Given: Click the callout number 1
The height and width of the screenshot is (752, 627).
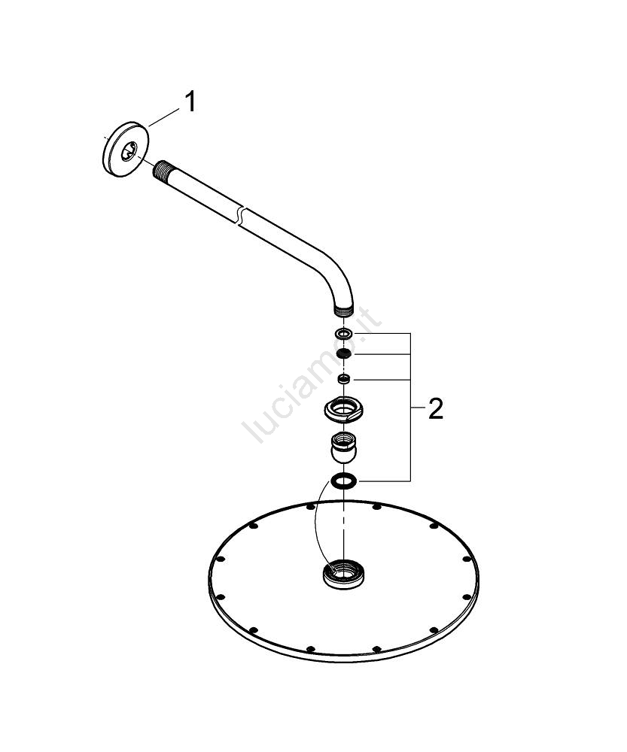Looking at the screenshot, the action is tap(190, 102).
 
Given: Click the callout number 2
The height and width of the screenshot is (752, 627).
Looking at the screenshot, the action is tap(436, 409).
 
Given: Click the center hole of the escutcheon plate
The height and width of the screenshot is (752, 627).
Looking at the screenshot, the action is tap(129, 151).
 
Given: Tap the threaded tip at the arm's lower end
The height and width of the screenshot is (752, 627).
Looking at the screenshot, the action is tap(343, 311).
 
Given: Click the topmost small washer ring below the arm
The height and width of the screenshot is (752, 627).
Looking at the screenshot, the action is tap(342, 333).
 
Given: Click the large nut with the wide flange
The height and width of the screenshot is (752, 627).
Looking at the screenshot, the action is tap(343, 410).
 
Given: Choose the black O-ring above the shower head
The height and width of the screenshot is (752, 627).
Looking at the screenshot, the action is tap(343, 481).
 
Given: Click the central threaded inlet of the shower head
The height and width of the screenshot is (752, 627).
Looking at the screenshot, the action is tap(343, 574).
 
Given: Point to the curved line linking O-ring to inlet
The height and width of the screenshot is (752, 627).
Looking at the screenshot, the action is tap(315, 523).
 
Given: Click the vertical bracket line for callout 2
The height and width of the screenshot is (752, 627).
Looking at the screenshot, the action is tap(410, 407).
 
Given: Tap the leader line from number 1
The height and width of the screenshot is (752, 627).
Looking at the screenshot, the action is tap(164, 117).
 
